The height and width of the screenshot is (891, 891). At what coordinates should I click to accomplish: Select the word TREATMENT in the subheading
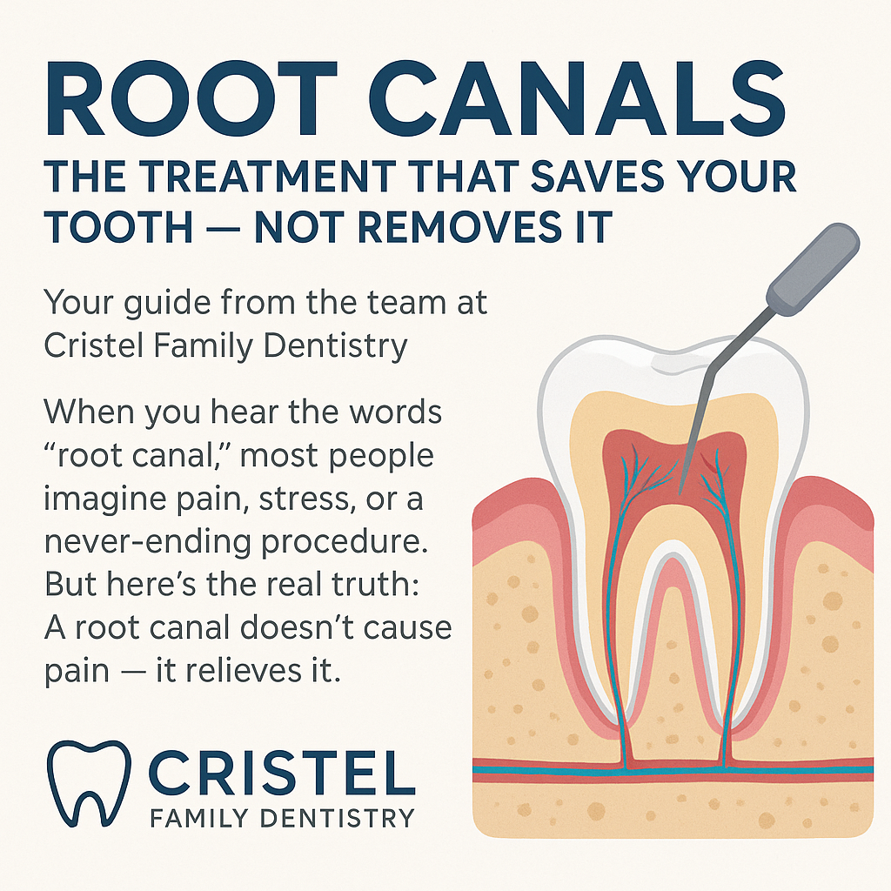[259, 178]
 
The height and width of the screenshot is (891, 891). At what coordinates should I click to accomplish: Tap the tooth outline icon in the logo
[87, 783]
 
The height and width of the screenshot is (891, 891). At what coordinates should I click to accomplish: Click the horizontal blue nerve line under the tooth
[557, 768]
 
